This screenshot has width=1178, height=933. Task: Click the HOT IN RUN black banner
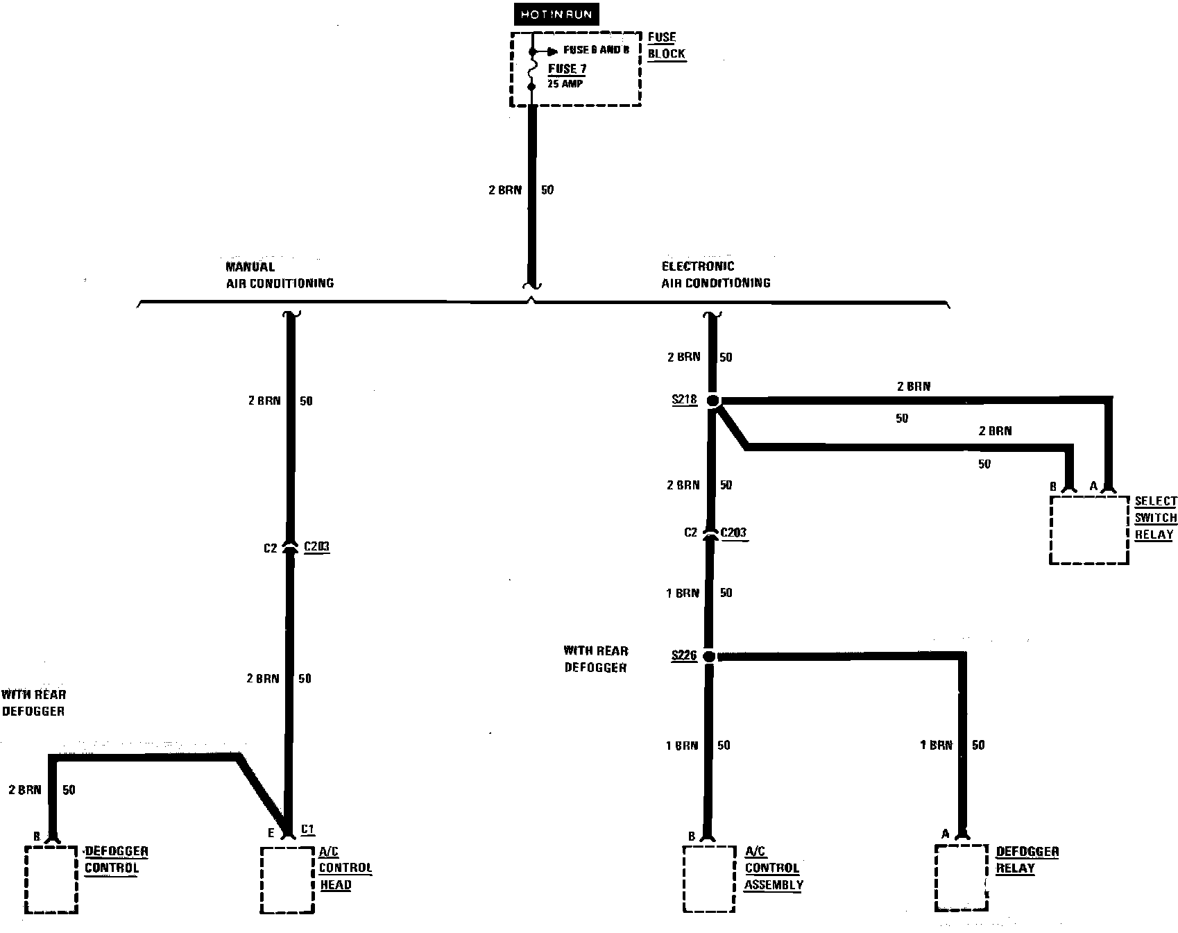556,15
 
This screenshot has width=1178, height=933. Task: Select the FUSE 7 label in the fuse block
567,69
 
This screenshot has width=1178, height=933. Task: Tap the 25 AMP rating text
565,84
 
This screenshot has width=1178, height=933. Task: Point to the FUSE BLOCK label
666,45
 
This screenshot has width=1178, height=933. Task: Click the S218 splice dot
713,401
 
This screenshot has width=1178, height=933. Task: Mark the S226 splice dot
708,656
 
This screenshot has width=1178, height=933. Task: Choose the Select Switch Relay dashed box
1089,530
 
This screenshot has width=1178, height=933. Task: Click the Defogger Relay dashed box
961,877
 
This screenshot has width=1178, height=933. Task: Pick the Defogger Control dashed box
51,880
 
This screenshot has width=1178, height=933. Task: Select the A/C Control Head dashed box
287,880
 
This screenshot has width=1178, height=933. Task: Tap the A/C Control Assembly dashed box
708,878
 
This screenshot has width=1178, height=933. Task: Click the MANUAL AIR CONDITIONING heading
279,275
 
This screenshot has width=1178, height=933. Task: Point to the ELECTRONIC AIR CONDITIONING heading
715,274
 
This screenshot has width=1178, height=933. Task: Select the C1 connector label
308,830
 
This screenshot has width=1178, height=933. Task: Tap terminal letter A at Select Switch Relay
1093,486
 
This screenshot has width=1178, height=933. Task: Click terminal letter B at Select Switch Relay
1053,487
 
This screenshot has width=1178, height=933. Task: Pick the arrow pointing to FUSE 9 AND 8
552,51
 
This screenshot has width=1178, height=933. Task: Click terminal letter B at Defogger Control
37,837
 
